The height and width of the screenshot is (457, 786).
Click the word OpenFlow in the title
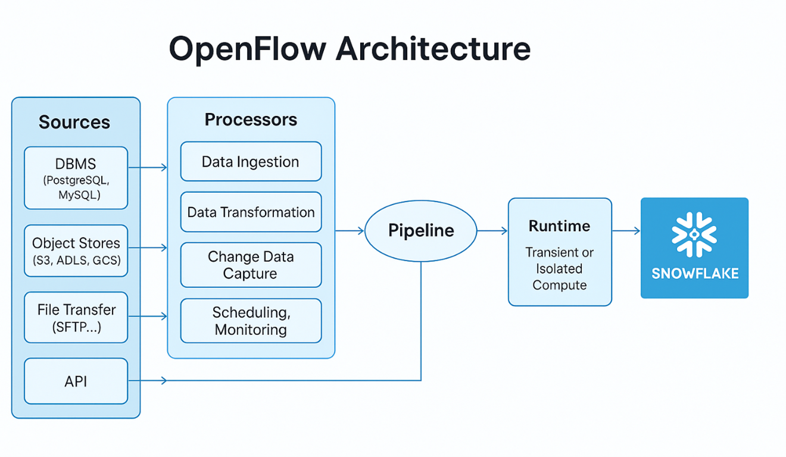[247, 49]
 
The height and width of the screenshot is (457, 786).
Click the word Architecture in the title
[433, 49]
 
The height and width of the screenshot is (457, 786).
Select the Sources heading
[74, 122]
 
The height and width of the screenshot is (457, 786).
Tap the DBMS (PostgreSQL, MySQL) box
[76, 178]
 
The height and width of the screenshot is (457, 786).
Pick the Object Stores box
[76, 251]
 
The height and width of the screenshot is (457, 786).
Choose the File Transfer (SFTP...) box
[76, 317]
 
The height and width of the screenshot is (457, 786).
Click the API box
[76, 381]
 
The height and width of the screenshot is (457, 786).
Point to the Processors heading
[251, 120]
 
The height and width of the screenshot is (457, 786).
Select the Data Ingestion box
[251, 161]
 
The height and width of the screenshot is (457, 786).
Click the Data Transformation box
[251, 212]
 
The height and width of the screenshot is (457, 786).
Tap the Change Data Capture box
[251, 265]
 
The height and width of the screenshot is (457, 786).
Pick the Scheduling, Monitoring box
[251, 321]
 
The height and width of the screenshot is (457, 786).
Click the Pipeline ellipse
[420, 231]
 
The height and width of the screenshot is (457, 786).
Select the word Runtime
[559, 226]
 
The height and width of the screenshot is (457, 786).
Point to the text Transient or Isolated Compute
[559, 268]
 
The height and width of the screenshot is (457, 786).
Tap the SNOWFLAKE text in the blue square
[694, 274]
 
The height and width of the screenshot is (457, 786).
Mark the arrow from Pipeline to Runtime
[492, 231]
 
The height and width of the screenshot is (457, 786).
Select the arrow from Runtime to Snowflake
[626, 231]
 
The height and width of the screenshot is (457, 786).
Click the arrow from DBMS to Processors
[148, 168]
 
